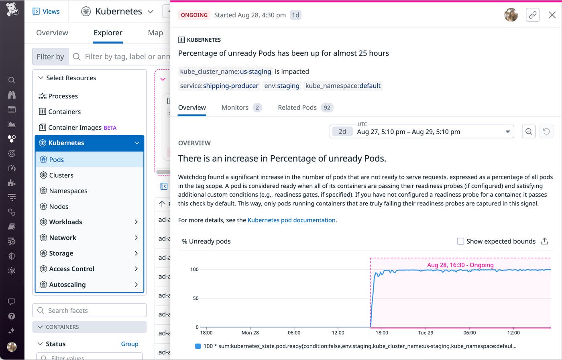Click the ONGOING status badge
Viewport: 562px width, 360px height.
pyautogui.click(x=194, y=15)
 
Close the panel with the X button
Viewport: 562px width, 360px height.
pyautogui.click(x=552, y=15)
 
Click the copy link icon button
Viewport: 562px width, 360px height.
pyautogui.click(x=533, y=15)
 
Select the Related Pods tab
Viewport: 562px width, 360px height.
pyautogui.click(x=305, y=108)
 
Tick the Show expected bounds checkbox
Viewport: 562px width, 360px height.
pyautogui.click(x=460, y=241)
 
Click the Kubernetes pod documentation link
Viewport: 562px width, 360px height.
pyautogui.click(x=291, y=220)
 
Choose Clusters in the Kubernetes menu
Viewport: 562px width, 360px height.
pyautogui.click(x=61, y=175)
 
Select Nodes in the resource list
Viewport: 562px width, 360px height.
pyautogui.click(x=59, y=207)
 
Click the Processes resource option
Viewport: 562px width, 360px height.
pyautogui.click(x=63, y=96)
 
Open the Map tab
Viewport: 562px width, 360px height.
pyautogui.click(x=155, y=33)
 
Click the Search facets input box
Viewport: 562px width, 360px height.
pyautogui.click(x=90, y=311)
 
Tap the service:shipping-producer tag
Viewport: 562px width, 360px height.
pyautogui.click(x=219, y=86)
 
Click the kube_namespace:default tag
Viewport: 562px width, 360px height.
pyautogui.click(x=343, y=86)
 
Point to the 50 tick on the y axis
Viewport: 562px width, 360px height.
pyautogui.click(x=195, y=298)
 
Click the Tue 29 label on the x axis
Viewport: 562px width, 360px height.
pyautogui.click(x=426, y=333)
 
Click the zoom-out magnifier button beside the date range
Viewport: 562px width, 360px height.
pyautogui.click(x=529, y=132)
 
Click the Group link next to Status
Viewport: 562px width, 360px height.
pyautogui.click(x=130, y=344)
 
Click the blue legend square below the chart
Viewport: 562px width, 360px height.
pyautogui.click(x=198, y=346)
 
